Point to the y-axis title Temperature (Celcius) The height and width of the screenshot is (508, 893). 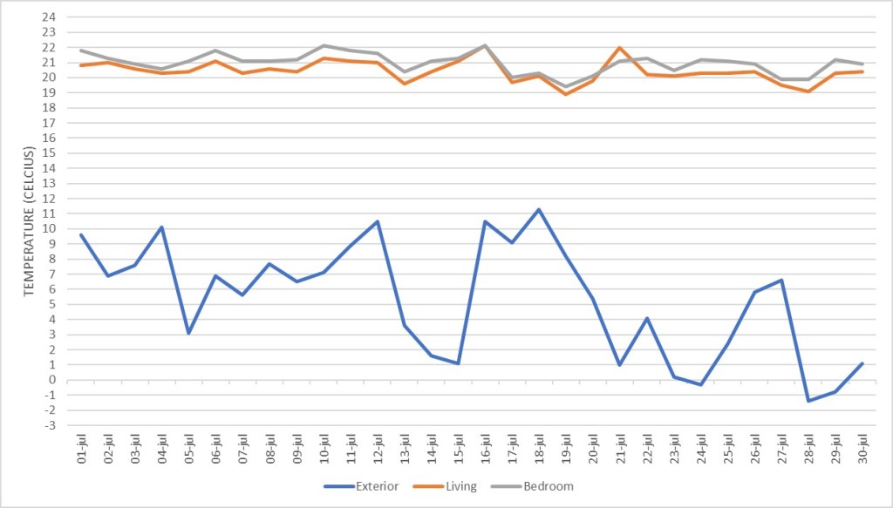coord(29,221)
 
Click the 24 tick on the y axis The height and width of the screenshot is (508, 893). coord(50,17)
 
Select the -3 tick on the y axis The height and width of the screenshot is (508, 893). coord(50,425)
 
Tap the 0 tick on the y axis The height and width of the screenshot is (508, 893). coord(51,380)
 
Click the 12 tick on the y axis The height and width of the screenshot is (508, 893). coord(50,199)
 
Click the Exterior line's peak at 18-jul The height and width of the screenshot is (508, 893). coord(539,209)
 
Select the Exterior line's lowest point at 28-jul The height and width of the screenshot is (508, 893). coord(808,401)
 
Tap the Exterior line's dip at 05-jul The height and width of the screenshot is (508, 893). coord(189,333)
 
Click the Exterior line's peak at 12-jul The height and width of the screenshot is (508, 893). coord(378,221)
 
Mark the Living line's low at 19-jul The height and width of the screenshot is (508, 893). coord(566,94)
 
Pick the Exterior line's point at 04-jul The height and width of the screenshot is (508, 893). coord(162,227)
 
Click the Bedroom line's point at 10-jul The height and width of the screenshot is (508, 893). coord(324,45)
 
